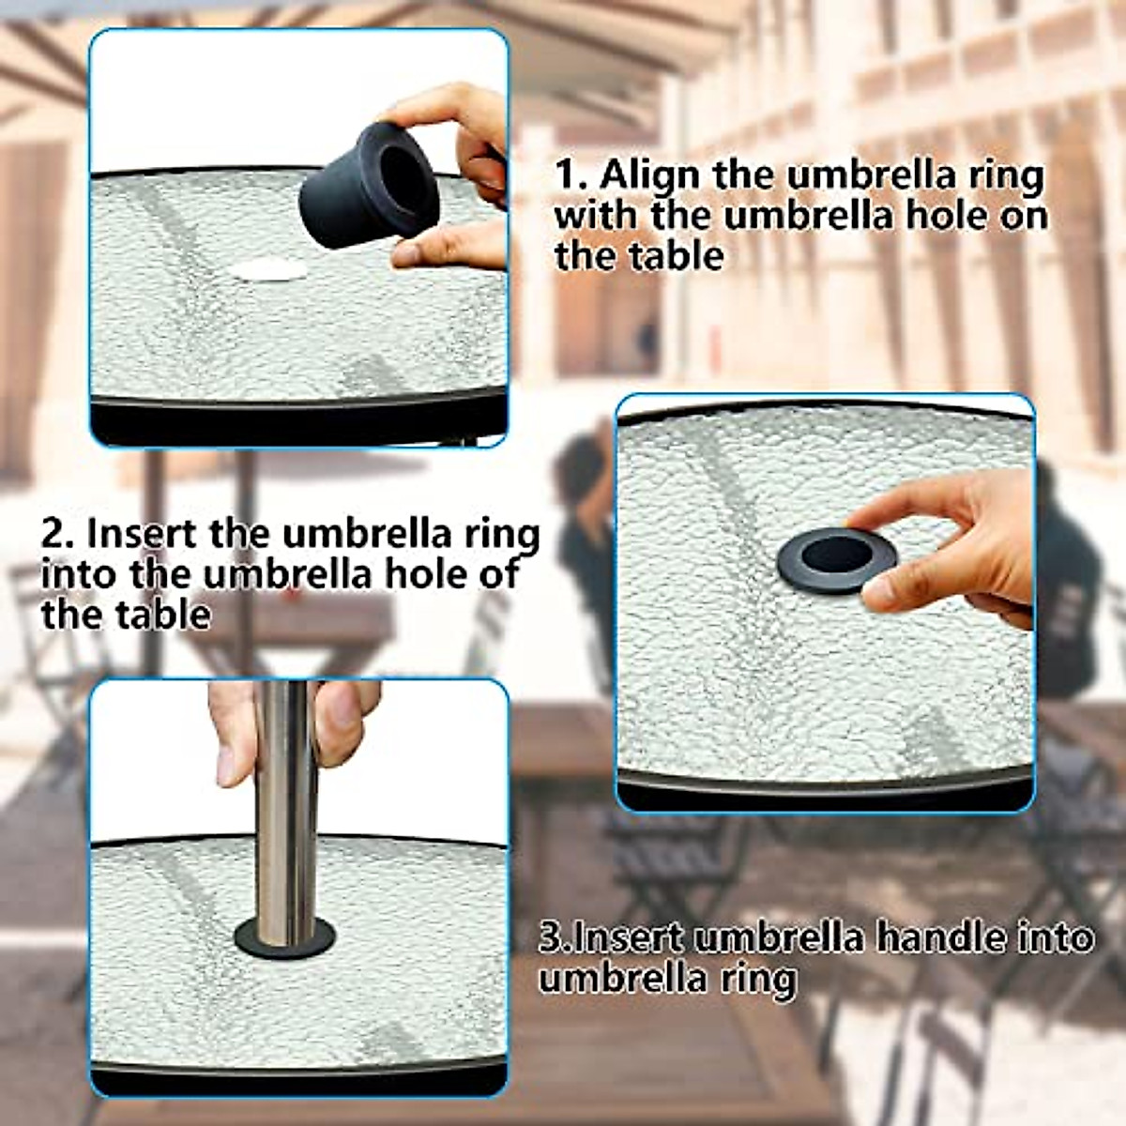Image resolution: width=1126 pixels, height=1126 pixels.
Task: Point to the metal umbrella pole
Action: [x=286, y=798]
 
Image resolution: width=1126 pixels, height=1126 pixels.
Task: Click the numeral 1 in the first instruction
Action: [x=566, y=175]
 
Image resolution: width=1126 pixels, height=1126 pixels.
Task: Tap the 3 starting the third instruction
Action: [x=549, y=937]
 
